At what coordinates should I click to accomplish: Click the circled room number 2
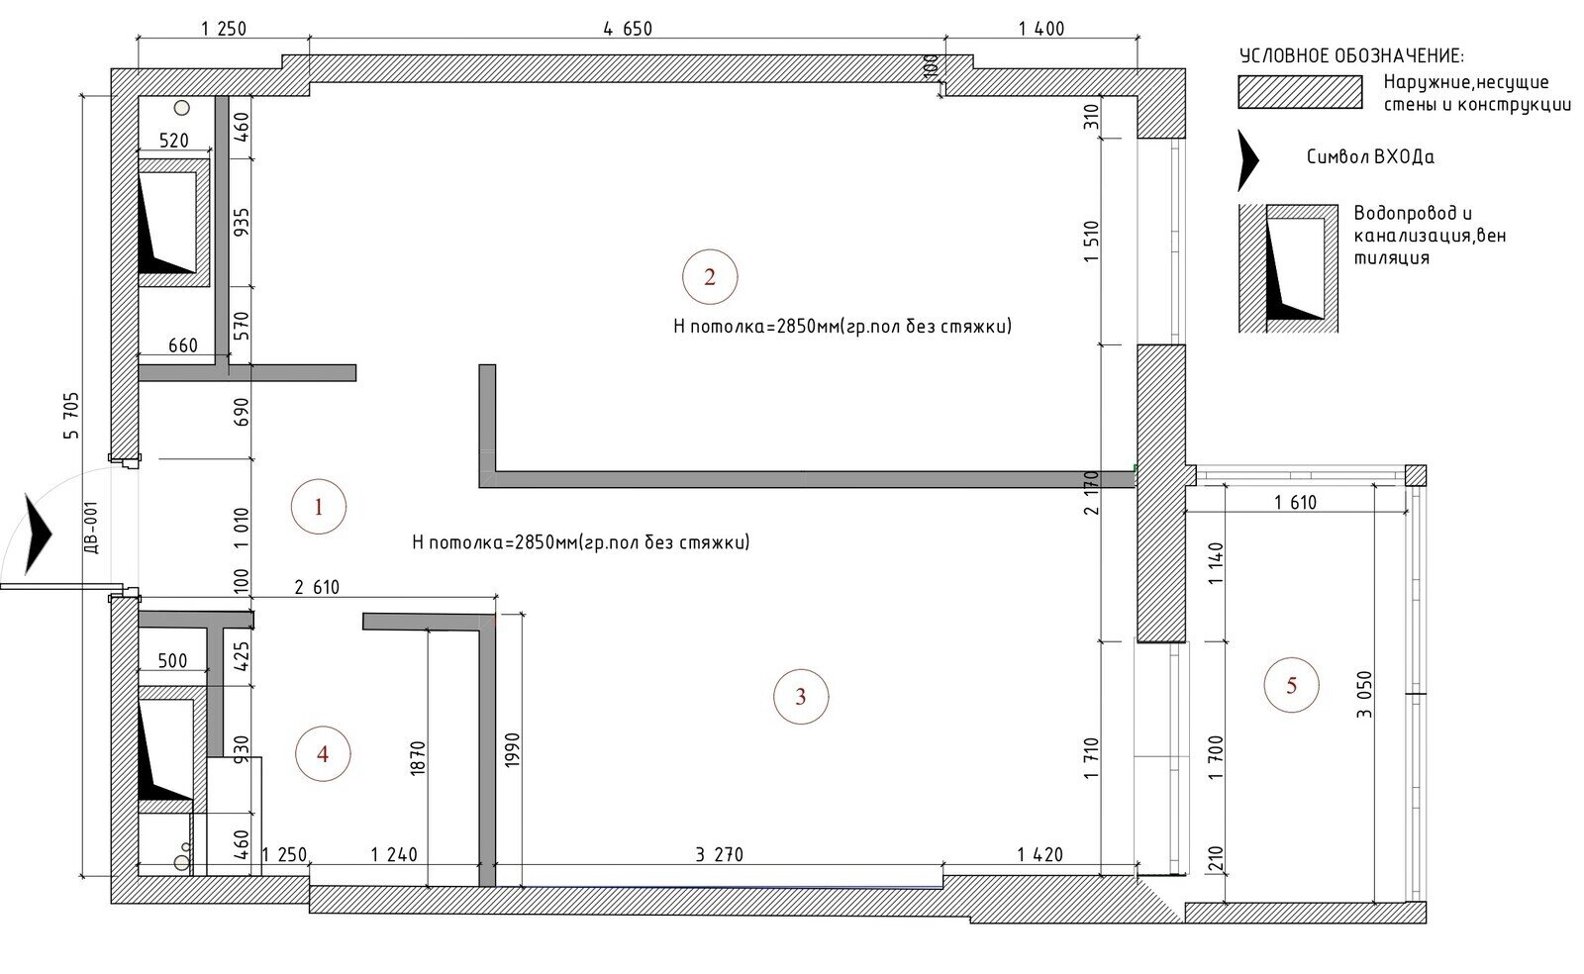tap(710, 277)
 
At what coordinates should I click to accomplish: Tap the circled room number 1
tap(319, 507)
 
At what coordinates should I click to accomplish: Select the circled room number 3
tap(801, 697)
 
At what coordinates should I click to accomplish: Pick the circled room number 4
tap(323, 754)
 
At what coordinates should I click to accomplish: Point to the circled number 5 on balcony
tap(1292, 685)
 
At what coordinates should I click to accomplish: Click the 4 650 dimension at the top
tap(628, 29)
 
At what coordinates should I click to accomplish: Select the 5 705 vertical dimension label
tap(71, 416)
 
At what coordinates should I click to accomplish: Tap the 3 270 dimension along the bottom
tap(720, 855)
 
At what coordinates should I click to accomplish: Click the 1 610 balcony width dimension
tap(1296, 503)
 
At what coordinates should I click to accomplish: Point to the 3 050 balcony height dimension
tap(1364, 695)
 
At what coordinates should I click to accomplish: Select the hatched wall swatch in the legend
tap(1301, 92)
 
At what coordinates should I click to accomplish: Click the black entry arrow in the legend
tap(1248, 160)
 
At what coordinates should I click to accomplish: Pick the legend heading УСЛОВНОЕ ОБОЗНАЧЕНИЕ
tap(1352, 55)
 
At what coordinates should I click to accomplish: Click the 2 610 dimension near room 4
tap(317, 587)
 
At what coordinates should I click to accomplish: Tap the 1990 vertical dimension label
tap(513, 750)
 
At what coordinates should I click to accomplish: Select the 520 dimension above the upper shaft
tap(174, 141)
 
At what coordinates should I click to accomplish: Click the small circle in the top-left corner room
tap(182, 108)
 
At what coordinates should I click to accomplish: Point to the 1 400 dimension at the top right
tap(1041, 29)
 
